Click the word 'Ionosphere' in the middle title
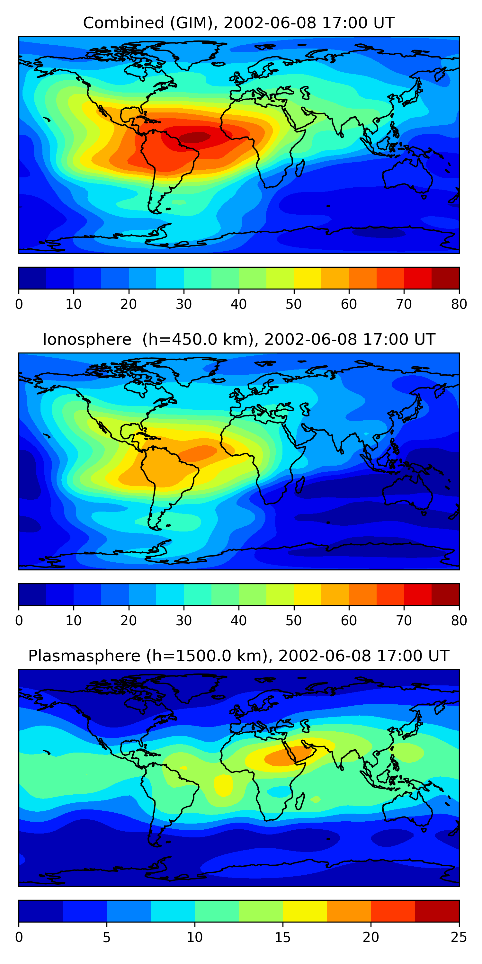pos(87,339)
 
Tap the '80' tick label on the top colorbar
pos(459,304)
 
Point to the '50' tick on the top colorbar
pos(294,304)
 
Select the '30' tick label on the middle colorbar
pos(184,620)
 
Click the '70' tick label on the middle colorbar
pos(404,620)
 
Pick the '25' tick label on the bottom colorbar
pos(459,937)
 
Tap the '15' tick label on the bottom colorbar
pos(282,937)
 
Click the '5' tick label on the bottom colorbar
pos(107,937)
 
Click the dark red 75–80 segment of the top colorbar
pos(445,278)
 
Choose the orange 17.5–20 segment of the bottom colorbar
pos(349,911)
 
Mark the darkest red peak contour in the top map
pos(195,138)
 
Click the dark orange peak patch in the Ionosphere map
pos(198,453)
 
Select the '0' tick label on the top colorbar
pos(19,304)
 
